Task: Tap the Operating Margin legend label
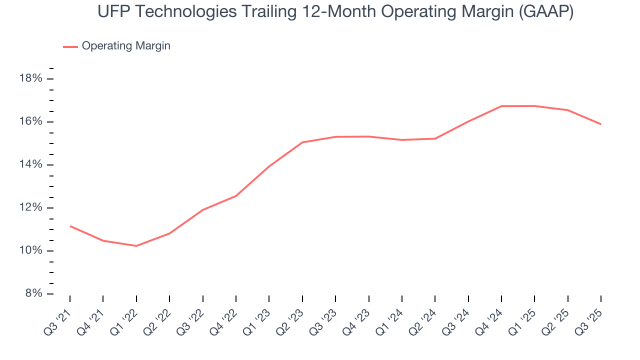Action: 126,46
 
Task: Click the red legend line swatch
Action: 70,46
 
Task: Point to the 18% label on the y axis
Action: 30,79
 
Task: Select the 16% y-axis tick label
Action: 30,122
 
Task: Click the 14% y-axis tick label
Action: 30,165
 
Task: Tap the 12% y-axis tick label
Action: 30,208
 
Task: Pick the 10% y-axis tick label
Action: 30,250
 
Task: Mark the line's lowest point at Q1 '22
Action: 136,245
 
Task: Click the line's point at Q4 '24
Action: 501,106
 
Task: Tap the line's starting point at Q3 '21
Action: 70,226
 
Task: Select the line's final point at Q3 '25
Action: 600,124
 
